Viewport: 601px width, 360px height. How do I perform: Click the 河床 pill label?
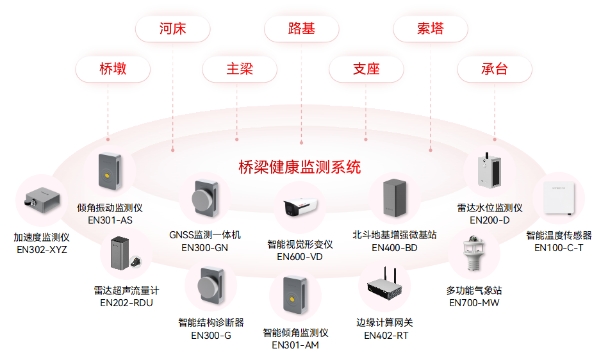click(x=172, y=28)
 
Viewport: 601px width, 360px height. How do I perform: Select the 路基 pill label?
click(x=301, y=28)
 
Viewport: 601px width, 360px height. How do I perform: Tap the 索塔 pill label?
click(x=430, y=28)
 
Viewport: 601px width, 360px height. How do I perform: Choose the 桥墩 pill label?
click(x=113, y=69)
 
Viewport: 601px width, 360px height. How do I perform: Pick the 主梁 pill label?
click(x=239, y=69)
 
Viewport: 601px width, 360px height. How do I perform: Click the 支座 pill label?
click(x=366, y=69)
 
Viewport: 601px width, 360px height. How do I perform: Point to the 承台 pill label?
click(x=494, y=69)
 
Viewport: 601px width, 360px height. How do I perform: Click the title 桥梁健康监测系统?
click(x=299, y=167)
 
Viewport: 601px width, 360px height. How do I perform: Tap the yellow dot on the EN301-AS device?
click(x=105, y=173)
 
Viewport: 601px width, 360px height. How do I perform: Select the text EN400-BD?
click(x=394, y=248)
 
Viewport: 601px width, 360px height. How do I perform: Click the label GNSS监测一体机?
click(x=205, y=235)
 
